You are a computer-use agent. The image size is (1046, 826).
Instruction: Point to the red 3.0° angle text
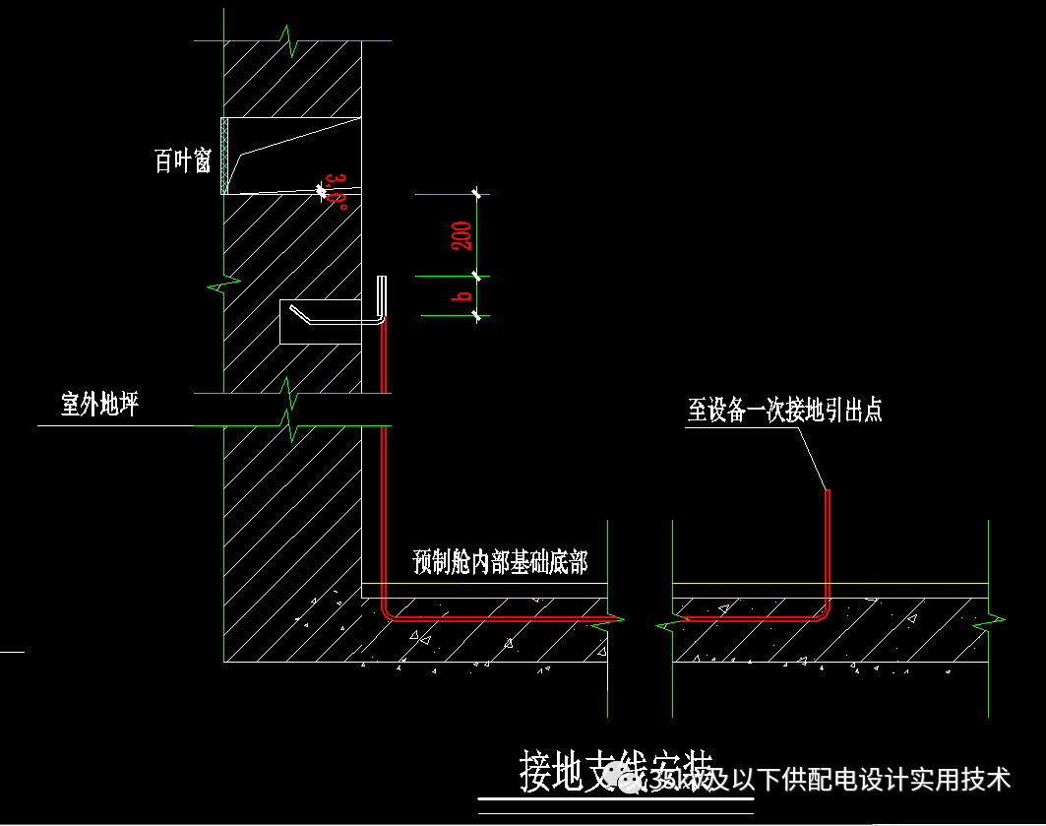coord(337,191)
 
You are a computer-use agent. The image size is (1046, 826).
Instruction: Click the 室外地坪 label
coord(99,405)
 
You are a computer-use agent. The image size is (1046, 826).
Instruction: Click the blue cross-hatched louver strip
coord(224,155)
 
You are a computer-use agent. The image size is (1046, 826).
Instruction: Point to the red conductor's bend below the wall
coord(390,612)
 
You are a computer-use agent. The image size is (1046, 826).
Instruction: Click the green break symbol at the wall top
coord(291,41)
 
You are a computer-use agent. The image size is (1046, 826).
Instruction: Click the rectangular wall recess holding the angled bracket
coord(320,321)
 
